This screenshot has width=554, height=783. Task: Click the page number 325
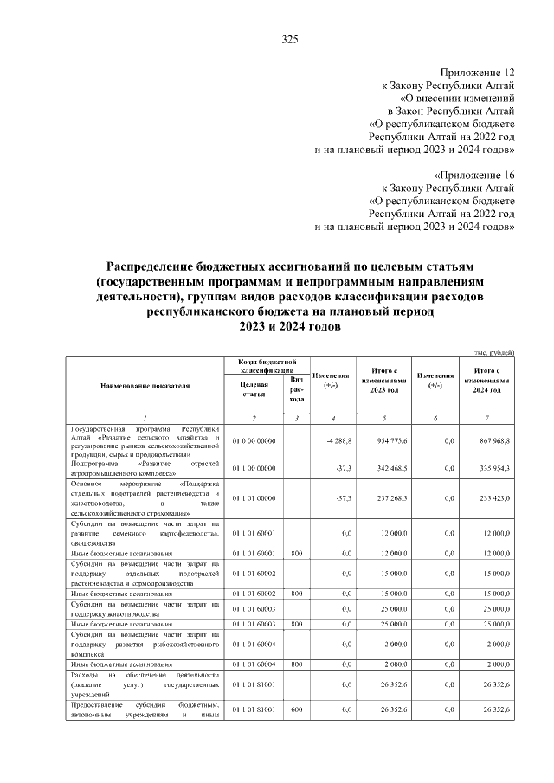290,39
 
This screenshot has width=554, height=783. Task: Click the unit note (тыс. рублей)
493,352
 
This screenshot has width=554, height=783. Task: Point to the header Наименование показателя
145,385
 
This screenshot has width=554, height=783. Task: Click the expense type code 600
296,709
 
